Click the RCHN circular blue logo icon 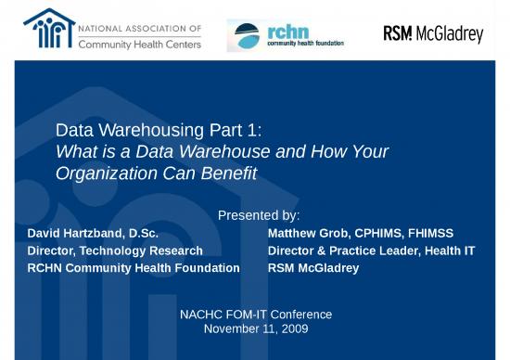point(247,35)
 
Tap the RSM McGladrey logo point(433,34)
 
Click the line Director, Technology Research point(115,251)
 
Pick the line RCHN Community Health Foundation point(134,268)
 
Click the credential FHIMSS point(426,233)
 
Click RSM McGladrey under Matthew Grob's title point(312,268)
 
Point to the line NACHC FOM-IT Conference point(255,315)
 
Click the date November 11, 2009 point(255,328)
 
